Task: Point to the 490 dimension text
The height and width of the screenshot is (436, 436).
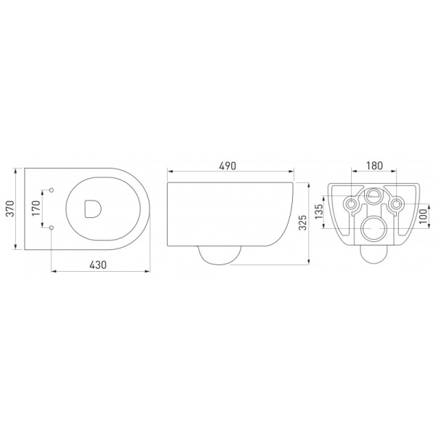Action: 228,166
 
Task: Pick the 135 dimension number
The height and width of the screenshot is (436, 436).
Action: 320,213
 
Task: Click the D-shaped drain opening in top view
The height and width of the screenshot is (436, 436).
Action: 92,209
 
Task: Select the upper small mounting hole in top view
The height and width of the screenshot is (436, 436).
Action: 52,190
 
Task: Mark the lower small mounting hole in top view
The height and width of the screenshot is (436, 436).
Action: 52,228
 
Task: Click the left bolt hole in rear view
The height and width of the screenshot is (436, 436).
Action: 352,203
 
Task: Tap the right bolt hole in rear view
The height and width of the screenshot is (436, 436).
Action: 396,203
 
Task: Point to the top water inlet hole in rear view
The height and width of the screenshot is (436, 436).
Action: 374,195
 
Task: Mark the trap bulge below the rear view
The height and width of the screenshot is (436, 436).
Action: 374,255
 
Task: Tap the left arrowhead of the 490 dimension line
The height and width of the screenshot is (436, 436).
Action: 169,174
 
